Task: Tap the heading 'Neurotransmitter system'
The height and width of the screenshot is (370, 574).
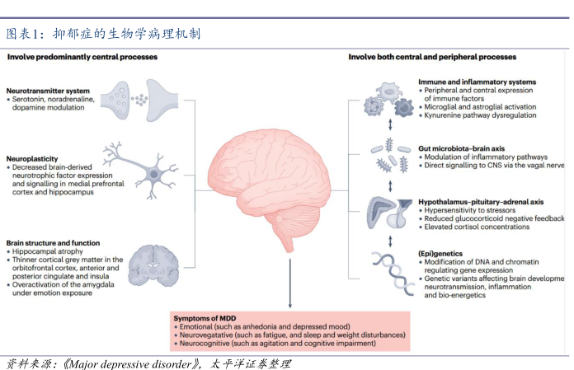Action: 48,89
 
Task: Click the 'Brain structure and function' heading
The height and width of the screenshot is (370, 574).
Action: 53,243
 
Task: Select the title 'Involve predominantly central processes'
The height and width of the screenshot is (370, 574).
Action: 82,58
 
